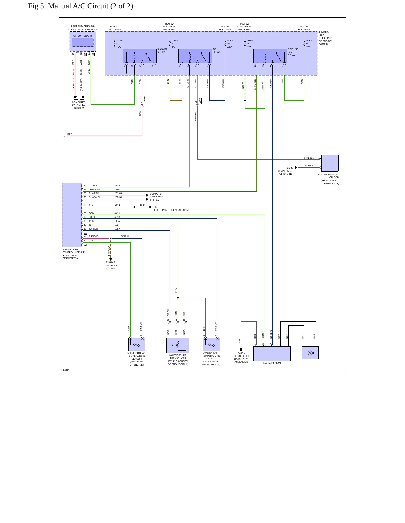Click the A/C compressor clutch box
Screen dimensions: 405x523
[330, 163]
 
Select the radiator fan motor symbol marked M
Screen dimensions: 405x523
[310, 353]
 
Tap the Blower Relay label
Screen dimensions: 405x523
[162, 51]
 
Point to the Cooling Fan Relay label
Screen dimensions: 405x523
[293, 52]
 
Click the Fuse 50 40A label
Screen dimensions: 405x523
[119, 44]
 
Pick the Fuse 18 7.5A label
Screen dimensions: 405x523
[230, 44]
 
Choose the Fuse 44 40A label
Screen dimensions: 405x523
[309, 44]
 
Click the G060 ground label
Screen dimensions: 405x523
[156, 207]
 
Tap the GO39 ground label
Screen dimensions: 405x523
[290, 168]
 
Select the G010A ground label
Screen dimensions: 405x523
[241, 353]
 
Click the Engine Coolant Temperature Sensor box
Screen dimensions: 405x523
[136, 344]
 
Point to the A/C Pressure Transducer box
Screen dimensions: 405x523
[178, 345]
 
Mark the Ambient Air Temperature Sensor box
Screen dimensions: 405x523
[211, 344]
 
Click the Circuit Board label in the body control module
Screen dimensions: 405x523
[82, 36]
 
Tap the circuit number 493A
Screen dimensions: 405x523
[117, 185]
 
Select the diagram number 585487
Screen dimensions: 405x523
[65, 370]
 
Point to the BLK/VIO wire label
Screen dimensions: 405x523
[309, 166]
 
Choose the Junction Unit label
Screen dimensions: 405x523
[324, 34]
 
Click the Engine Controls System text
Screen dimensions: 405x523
[110, 265]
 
